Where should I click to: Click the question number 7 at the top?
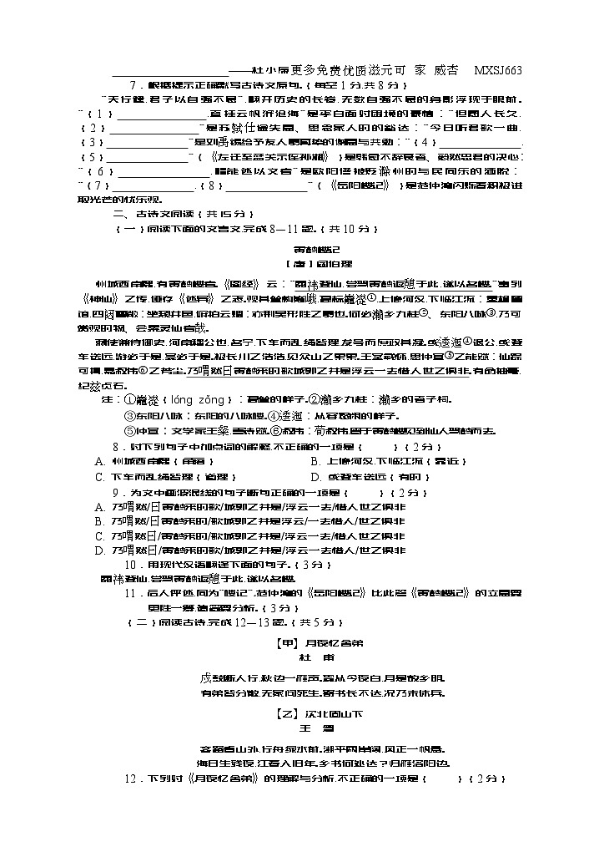tap(133, 85)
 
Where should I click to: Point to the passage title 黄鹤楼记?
tap(312, 249)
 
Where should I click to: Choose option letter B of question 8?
tap(315, 461)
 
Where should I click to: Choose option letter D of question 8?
tap(315, 477)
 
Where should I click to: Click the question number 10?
tap(131, 565)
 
